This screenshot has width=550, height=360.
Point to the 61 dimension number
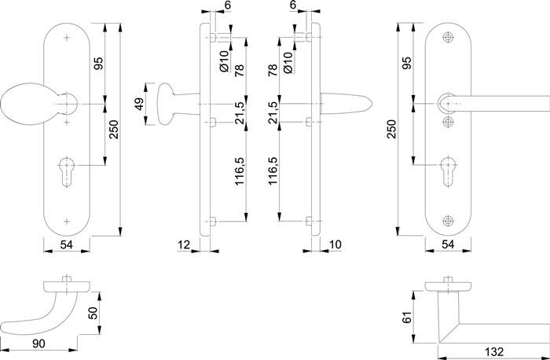pyautogui.click(x=406, y=316)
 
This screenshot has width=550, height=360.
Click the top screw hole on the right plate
pyautogui.click(x=449, y=39)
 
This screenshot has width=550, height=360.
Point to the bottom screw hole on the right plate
pyautogui.click(x=449, y=220)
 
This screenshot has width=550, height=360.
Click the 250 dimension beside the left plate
pyautogui.click(x=114, y=129)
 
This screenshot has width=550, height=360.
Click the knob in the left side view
pyautogui.click(x=169, y=104)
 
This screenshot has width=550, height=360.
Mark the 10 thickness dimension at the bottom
pyautogui.click(x=335, y=246)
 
